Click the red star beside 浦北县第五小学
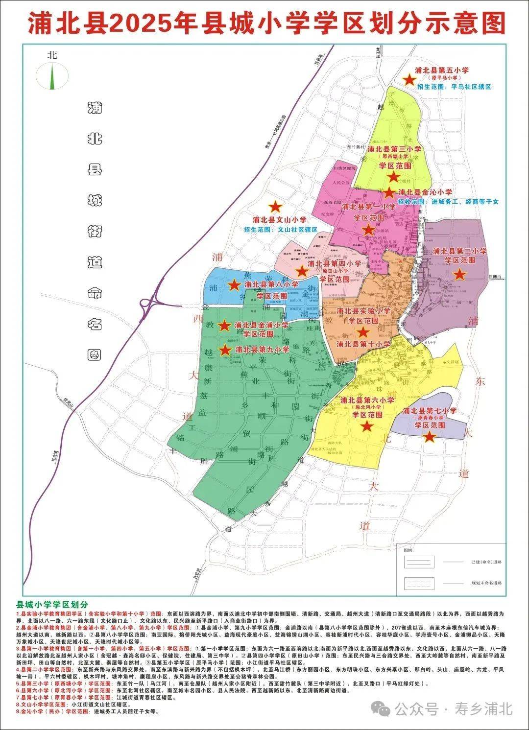pos(408,79)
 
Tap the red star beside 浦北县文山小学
pos(276,208)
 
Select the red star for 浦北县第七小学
pos(430,436)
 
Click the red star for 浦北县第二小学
pos(459,274)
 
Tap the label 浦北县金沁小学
pos(425,192)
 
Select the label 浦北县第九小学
pos(262,350)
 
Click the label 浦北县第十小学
pos(363,344)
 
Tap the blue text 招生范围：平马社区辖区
pos(454,87)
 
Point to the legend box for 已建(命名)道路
pos(419,562)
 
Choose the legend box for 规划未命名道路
pos(419,583)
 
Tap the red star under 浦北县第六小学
pos(367,426)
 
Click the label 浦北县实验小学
pos(363,311)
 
